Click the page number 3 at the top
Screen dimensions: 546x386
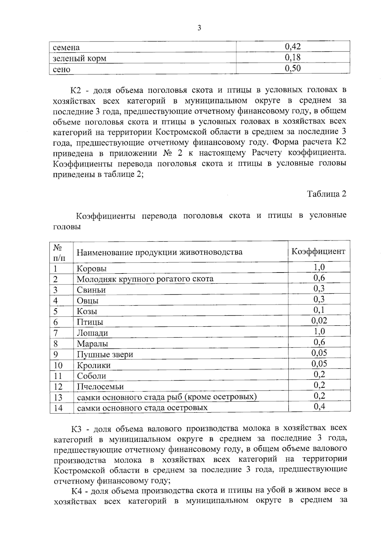(x=199, y=28)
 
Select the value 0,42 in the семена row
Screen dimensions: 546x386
(x=293, y=47)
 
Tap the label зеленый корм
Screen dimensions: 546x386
(x=79, y=59)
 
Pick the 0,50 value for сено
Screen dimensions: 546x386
(x=293, y=69)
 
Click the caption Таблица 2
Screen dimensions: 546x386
(x=326, y=194)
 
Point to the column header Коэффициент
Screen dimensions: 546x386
(x=318, y=251)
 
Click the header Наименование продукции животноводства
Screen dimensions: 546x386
(x=160, y=252)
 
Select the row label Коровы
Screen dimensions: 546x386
(x=92, y=269)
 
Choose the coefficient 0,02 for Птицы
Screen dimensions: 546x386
(x=319, y=321)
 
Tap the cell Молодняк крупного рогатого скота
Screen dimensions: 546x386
(x=145, y=279)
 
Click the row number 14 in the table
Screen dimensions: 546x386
(x=58, y=408)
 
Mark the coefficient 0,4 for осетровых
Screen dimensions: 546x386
(x=319, y=407)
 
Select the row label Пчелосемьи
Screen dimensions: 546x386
(x=100, y=387)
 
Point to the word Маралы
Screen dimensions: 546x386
(x=92, y=344)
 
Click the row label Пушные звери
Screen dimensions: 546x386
(x=105, y=355)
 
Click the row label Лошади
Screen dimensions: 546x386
(x=92, y=333)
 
